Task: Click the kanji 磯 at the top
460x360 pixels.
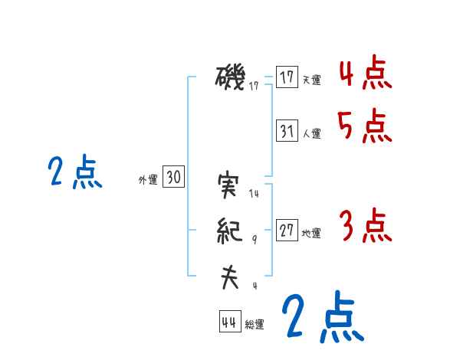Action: [230, 77]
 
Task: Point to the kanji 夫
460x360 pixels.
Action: [229, 277]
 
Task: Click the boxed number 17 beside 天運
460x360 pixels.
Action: [287, 77]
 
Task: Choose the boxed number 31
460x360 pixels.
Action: [287, 131]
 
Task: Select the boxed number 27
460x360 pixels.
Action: [287, 231]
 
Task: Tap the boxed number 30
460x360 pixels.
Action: [173, 178]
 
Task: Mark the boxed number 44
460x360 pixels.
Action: [229, 322]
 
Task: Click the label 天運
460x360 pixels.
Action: [311, 80]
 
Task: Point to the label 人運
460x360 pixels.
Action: [311, 133]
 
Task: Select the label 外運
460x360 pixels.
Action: [148, 180]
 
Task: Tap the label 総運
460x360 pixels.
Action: [255, 325]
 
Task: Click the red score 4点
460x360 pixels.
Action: [365, 74]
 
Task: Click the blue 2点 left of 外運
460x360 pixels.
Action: [74, 172]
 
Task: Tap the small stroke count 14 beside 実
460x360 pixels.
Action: [255, 195]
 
